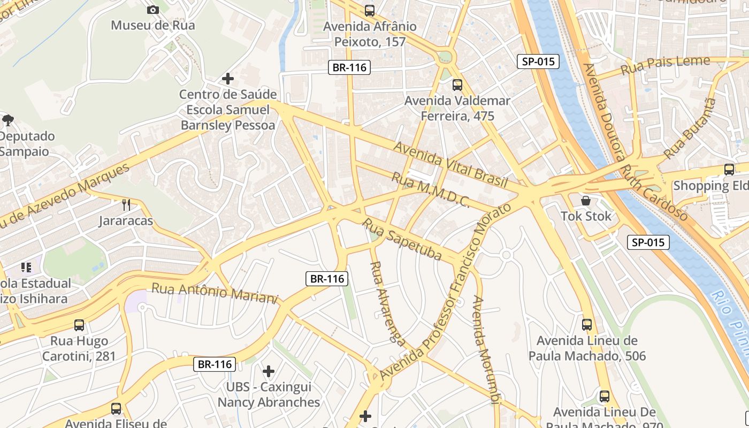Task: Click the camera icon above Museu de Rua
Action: click(152, 10)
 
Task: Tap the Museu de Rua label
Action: click(153, 25)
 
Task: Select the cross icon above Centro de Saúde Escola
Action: click(228, 79)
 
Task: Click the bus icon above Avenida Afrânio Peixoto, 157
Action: click(369, 10)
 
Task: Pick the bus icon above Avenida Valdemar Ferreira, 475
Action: click(457, 85)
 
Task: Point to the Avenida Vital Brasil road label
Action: click(450, 164)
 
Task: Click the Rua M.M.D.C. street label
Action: click(431, 190)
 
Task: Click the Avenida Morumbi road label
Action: click(486, 348)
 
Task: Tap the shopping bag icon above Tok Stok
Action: click(586, 201)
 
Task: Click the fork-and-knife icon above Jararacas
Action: click(126, 204)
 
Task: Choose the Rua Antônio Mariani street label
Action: click(215, 292)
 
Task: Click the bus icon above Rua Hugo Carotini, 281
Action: click(79, 325)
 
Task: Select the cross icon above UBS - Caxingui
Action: click(269, 371)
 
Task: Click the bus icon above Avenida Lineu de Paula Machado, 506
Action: click(587, 324)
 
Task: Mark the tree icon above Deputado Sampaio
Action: click(8, 120)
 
